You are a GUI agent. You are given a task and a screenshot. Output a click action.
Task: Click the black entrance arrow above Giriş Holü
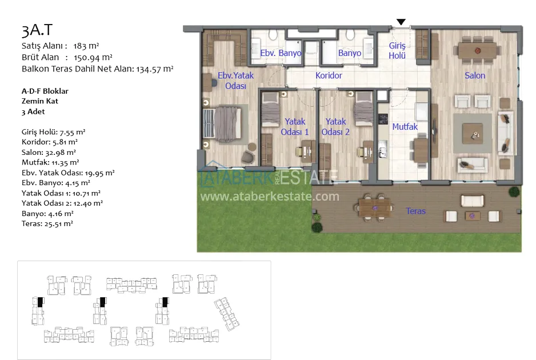[401, 22]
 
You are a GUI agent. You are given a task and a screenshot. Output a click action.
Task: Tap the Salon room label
[475, 75]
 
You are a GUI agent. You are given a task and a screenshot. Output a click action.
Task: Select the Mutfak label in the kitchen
[405, 127]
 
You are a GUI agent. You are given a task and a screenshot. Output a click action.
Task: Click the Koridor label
[329, 75]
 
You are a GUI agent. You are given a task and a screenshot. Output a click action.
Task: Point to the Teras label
[415, 211]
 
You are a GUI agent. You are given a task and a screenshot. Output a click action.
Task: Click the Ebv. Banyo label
[281, 53]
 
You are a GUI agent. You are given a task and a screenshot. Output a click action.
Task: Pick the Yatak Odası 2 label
[335, 127]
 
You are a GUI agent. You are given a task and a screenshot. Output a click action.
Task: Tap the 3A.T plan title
[37, 30]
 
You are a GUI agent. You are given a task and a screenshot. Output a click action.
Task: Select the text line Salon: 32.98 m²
[49, 153]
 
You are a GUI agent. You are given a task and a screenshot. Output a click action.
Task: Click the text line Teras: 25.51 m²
[47, 224]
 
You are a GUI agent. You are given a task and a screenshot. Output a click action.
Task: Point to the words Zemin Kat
[39, 101]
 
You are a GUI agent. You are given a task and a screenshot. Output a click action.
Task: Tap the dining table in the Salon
[478, 51]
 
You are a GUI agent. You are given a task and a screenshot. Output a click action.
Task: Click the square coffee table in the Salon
[473, 134]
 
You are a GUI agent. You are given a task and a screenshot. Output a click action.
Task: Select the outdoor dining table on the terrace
[375, 208]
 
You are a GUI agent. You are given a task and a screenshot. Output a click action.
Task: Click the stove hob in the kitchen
[383, 119]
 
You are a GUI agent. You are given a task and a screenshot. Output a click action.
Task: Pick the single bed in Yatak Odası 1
[270, 109]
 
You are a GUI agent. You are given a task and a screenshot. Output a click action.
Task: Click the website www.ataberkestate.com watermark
[270, 197]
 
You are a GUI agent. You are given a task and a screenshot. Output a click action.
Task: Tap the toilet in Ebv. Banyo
[273, 34]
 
